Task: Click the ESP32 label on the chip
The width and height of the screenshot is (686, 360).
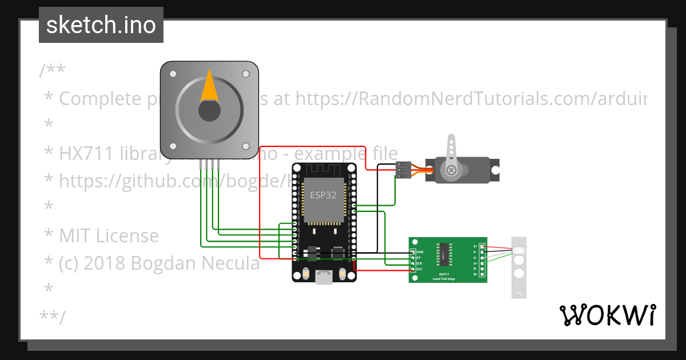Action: point(323,195)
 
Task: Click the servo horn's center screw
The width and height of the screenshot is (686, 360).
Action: point(452,170)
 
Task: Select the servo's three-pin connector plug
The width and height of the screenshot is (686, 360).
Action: point(402,170)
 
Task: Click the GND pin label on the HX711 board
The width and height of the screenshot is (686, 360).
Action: point(420,252)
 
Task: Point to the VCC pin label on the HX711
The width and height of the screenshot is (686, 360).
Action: point(420,269)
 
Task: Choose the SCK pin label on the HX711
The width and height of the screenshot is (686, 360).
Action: point(420,263)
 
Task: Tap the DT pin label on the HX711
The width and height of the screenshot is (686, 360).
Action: point(419,258)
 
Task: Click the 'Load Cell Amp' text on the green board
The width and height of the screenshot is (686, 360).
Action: point(443,278)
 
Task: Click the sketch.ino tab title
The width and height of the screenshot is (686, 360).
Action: point(101,25)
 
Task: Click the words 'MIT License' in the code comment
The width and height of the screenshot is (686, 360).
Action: point(109,235)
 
